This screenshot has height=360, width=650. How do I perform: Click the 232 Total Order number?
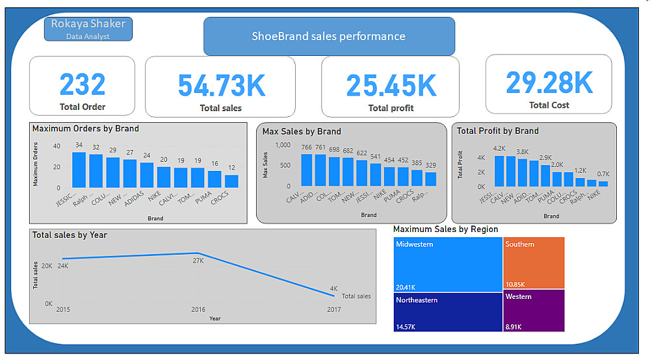pos(82,84)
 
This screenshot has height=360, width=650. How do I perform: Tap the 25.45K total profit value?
pos(391,86)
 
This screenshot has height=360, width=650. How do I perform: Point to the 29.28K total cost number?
pos(549,83)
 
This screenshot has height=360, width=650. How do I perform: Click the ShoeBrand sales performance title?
pos(329,36)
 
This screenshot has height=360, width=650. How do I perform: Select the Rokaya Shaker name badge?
pos(88,29)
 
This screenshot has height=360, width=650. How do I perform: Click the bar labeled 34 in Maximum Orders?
pos(79,170)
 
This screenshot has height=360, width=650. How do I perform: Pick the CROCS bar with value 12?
pos(231,181)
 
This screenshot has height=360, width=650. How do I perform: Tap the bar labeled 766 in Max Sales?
pos(307,170)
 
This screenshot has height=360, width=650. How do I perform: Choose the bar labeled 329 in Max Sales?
pos(430,179)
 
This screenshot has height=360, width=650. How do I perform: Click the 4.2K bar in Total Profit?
pos(499,171)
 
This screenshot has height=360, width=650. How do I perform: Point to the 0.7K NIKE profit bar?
pos(603,183)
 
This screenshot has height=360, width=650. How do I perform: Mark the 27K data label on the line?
pos(198,261)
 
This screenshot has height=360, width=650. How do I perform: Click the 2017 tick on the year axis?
pos(333,309)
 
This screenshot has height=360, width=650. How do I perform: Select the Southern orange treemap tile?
pos(534,263)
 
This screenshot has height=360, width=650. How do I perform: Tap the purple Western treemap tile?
pos(534,310)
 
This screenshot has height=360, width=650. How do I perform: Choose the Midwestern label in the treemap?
pos(414,244)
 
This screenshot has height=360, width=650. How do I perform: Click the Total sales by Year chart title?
pos(70,235)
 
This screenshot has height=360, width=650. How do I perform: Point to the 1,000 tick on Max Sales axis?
pos(283,146)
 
